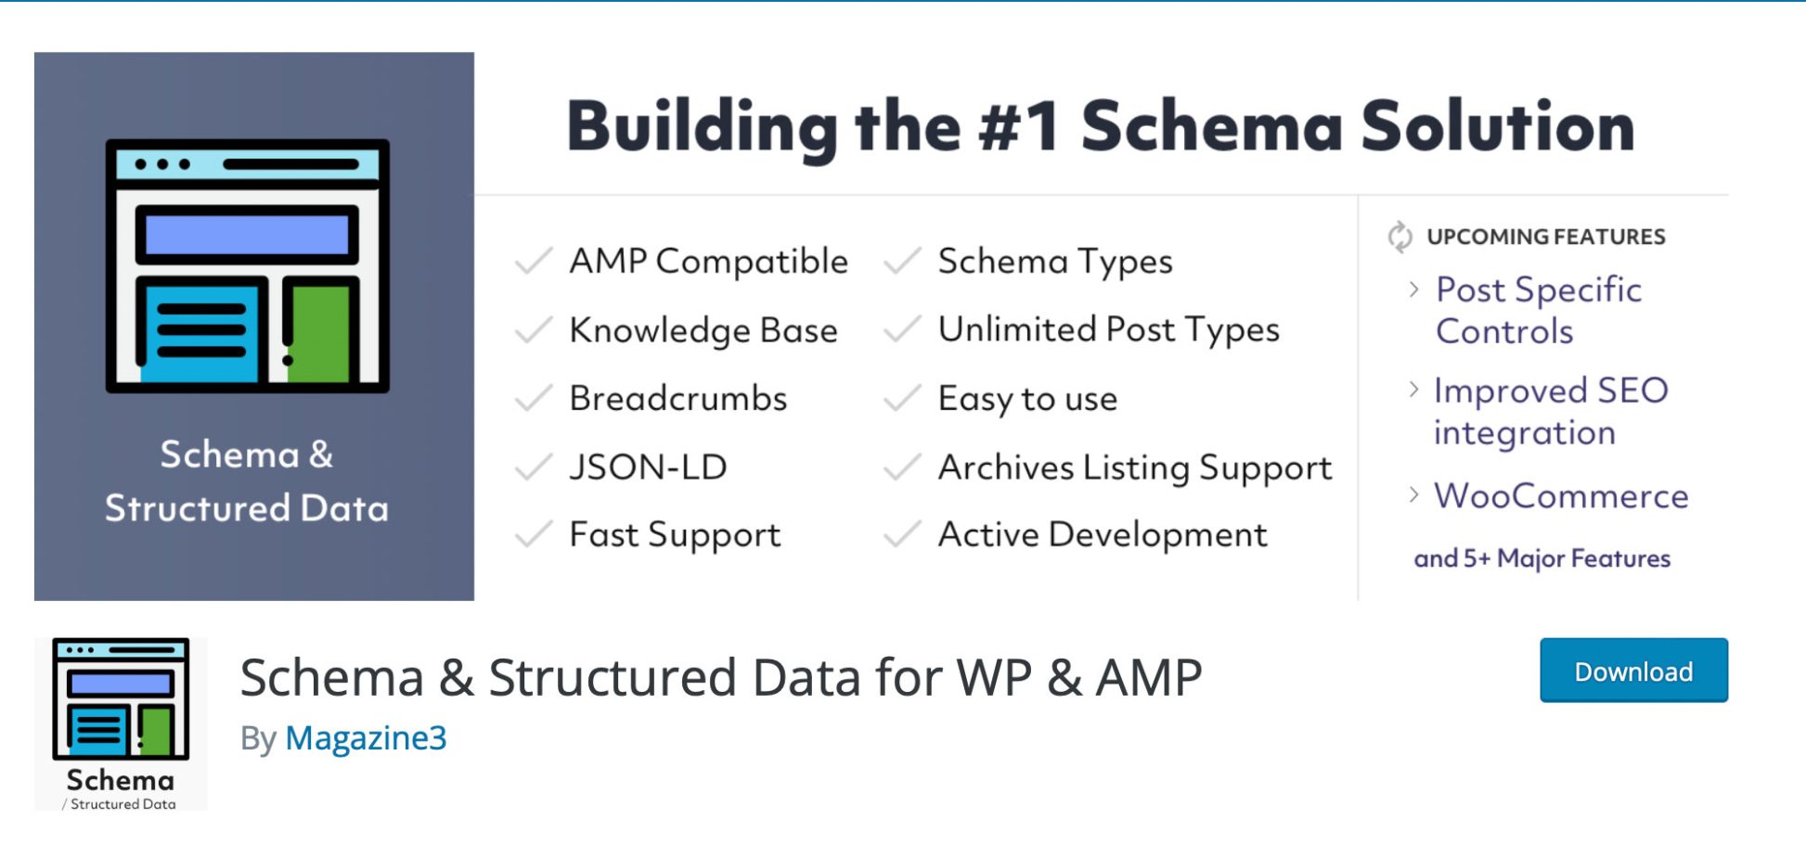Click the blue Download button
(1633, 671)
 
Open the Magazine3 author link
(366, 738)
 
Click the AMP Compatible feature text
(708, 262)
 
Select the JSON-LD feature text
(648, 467)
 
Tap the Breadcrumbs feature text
(678, 398)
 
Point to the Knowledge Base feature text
(703, 330)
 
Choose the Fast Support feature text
(675, 535)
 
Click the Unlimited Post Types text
(1109, 330)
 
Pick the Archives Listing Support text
(1135, 467)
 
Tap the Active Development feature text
(1103, 535)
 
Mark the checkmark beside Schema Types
(902, 262)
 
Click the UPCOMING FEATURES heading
(1546, 237)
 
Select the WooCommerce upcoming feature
(1561, 496)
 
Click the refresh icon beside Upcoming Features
(1400, 237)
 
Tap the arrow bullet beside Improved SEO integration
(1413, 390)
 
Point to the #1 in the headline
(1018, 126)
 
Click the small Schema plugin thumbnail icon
(121, 724)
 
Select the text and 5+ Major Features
(1542, 558)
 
